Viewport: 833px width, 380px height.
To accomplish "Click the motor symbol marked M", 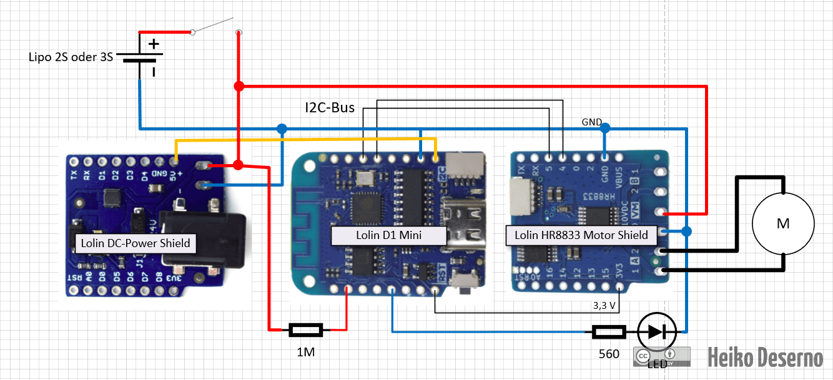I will pyautogui.click(x=783, y=223).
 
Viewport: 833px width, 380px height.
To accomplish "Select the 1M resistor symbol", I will pyautogui.click(x=305, y=329).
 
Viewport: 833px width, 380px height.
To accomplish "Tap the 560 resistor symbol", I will pyautogui.click(x=609, y=332).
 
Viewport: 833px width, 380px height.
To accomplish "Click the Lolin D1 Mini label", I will pyautogui.click(x=389, y=235).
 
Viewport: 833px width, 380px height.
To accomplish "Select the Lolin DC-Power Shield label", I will pyautogui.click(x=136, y=243).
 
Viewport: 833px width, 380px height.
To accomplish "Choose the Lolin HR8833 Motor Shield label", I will pyautogui.click(x=581, y=235).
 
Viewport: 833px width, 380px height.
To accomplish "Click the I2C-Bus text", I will pyautogui.click(x=330, y=108).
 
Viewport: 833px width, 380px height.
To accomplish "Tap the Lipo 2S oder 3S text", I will pyautogui.click(x=71, y=57).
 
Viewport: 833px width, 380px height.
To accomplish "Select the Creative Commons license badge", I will pyautogui.click(x=662, y=356).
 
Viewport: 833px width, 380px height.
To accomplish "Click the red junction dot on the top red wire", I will pyautogui.click(x=239, y=85).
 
